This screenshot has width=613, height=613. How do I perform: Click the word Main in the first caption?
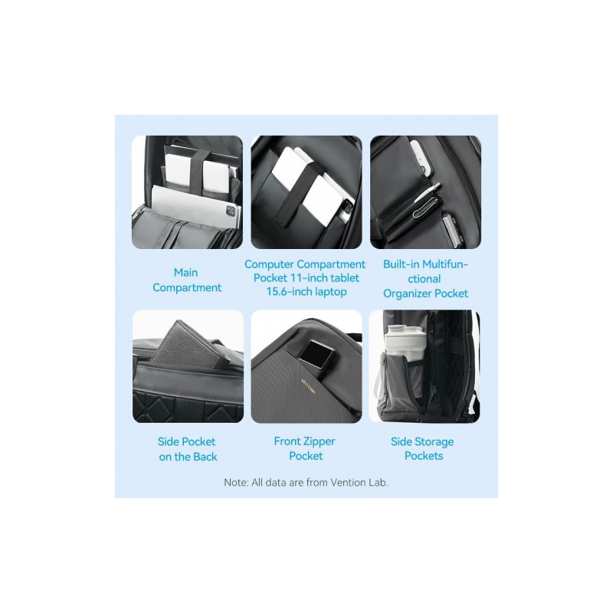click(185, 272)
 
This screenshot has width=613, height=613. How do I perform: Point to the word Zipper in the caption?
click(316, 441)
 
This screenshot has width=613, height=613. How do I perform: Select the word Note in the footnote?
click(236, 483)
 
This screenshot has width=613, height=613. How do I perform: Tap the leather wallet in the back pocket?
click(179, 346)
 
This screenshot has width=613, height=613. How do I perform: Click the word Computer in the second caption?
click(270, 264)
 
